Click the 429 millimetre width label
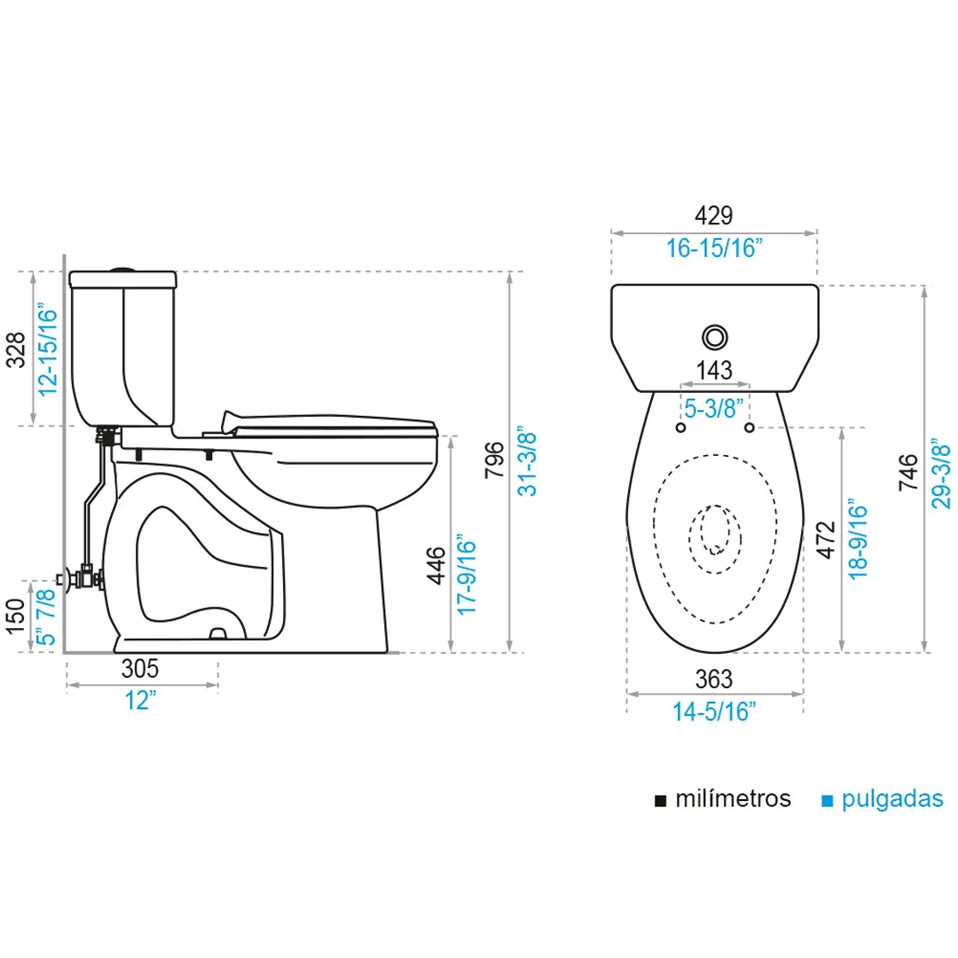713,215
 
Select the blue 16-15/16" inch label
714,248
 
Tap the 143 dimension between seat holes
714,370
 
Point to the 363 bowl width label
713,679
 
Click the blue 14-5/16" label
714,711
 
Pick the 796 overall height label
494,459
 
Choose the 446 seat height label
436,565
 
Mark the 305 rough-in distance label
140,669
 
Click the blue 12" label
140,700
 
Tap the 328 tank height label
16,350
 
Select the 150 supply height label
16,616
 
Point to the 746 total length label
908,472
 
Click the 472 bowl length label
826,540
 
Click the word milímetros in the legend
734,798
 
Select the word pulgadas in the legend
892,799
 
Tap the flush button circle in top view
715,337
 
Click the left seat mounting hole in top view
680,428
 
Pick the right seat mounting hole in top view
749,428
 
